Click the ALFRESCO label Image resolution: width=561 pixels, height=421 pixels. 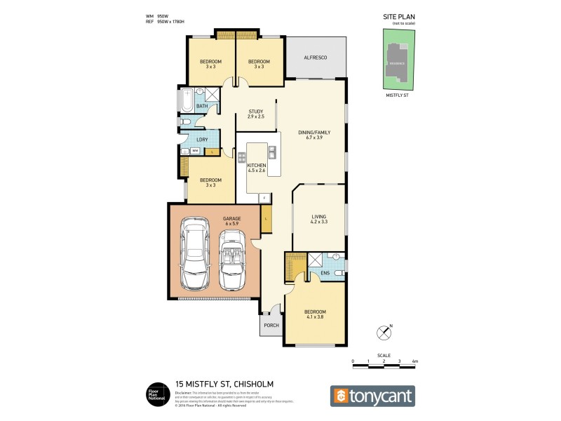(x=315, y=58)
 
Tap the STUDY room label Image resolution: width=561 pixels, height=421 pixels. (x=256, y=111)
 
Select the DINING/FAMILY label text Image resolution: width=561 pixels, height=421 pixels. (x=315, y=132)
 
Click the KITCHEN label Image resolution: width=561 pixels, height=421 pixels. (x=257, y=166)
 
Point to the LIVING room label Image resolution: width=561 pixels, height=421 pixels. (x=320, y=218)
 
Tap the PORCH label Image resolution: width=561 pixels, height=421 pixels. (x=271, y=326)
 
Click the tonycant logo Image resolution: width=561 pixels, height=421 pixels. (x=372, y=396)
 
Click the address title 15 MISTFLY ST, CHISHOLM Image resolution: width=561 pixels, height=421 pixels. (x=224, y=384)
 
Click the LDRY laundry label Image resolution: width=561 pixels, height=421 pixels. (x=202, y=139)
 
